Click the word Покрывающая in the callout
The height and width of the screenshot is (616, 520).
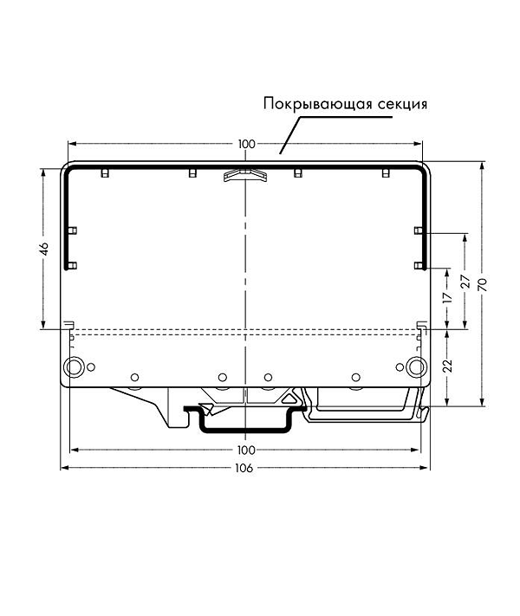click(x=317, y=105)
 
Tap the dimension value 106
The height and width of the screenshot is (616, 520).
click(x=244, y=469)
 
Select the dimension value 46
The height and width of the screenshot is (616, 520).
click(x=44, y=249)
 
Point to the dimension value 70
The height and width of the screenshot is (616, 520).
click(x=482, y=284)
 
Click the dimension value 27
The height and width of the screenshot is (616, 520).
click(x=465, y=282)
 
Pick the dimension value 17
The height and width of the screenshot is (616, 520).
click(x=448, y=297)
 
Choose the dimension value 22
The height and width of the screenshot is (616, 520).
click(x=448, y=366)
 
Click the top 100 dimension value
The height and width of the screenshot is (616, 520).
click(x=246, y=144)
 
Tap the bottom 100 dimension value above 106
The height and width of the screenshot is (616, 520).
click(x=246, y=450)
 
